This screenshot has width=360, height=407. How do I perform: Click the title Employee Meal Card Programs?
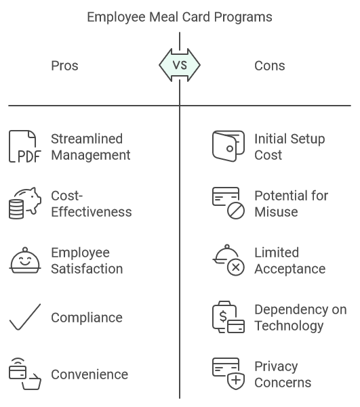[180, 17]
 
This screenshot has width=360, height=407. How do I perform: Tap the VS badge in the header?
[180, 66]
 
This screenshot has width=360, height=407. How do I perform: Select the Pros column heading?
[65, 66]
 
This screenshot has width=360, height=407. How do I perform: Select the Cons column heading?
[270, 66]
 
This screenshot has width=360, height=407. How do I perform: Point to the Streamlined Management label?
[91, 147]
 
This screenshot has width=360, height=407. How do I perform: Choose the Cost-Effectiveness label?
[92, 204]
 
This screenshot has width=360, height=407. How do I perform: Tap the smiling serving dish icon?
[25, 261]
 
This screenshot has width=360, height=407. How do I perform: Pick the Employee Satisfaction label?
[87, 261]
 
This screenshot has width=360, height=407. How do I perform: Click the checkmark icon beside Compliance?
[25, 318]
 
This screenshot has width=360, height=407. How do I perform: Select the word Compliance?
[87, 318]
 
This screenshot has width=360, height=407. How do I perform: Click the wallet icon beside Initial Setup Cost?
[228, 147]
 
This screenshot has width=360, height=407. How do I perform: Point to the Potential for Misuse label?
[292, 204]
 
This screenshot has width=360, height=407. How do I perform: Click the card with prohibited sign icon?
[228, 204]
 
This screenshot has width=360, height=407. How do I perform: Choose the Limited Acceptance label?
[290, 261]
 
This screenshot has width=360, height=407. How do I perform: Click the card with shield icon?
[228, 374]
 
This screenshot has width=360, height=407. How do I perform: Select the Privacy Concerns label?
[283, 374]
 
